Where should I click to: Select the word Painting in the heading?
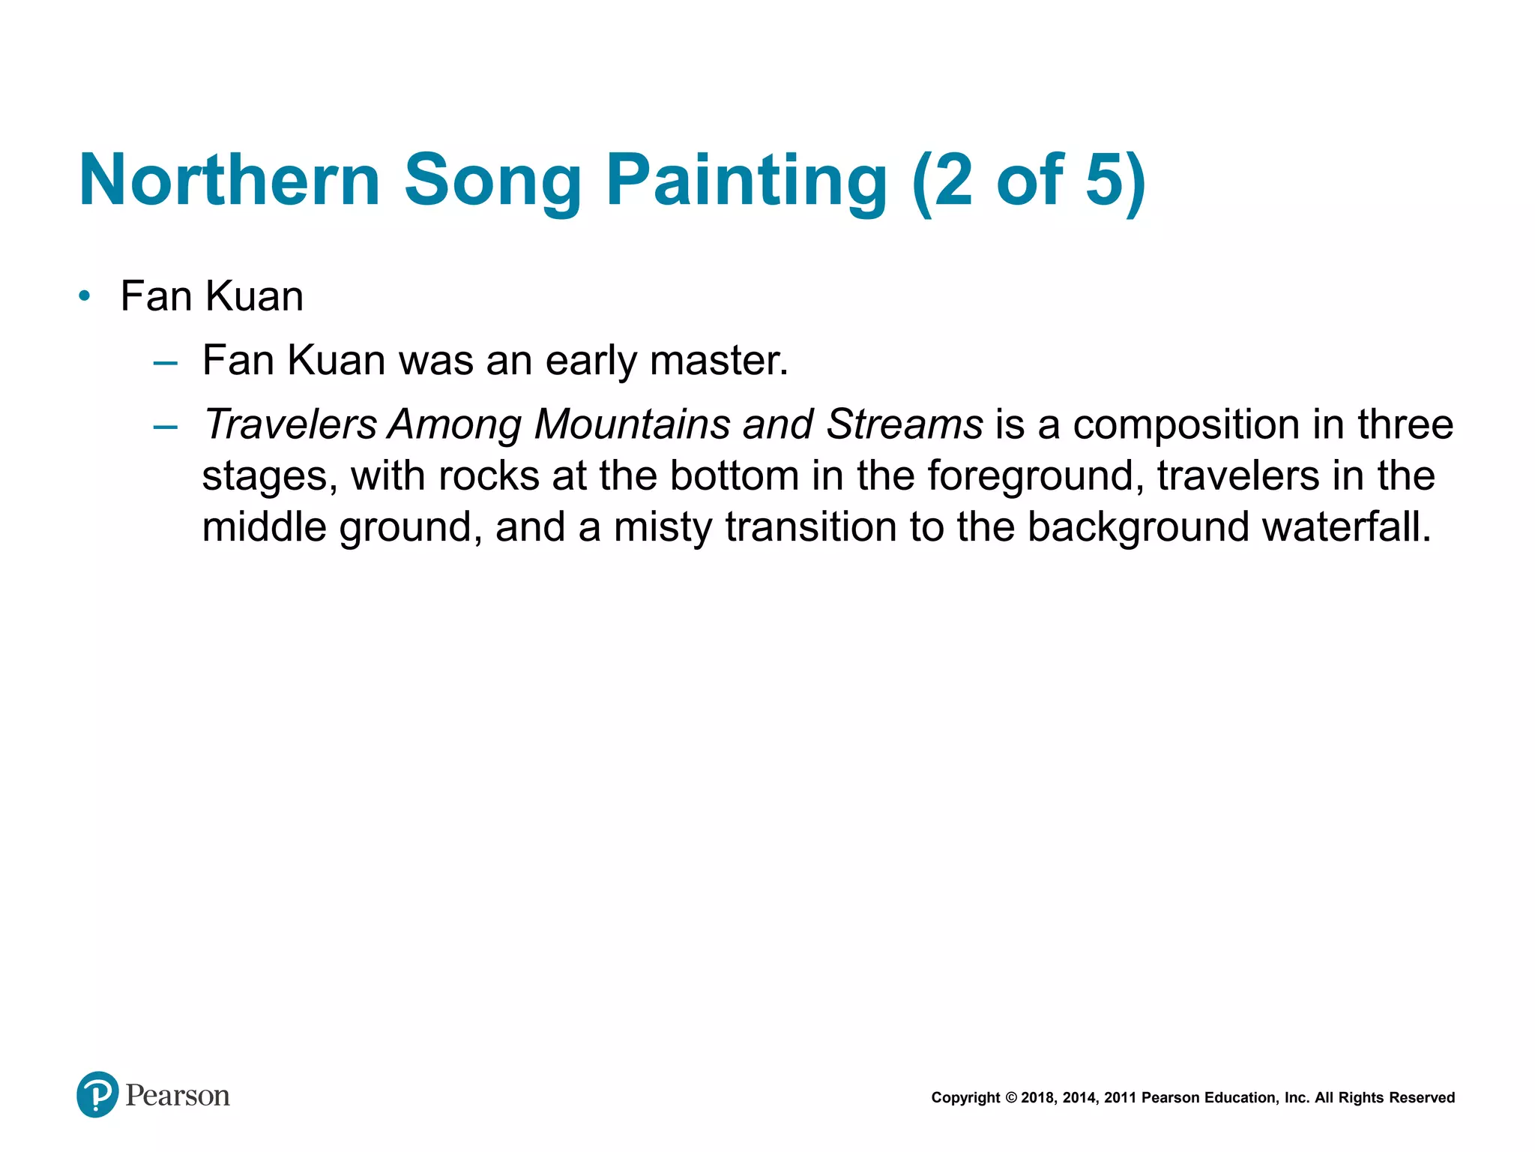coord(747,180)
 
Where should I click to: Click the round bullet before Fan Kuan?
coord(85,296)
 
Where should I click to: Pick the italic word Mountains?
coord(632,424)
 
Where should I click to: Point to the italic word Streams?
coord(904,424)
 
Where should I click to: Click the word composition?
coord(1186,424)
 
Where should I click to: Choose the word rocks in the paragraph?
coord(489,475)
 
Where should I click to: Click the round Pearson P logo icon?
coord(97,1094)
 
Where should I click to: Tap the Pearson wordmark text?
coord(178,1096)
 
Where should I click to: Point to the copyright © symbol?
coord(1011,1098)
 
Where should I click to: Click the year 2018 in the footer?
coord(1038,1098)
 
